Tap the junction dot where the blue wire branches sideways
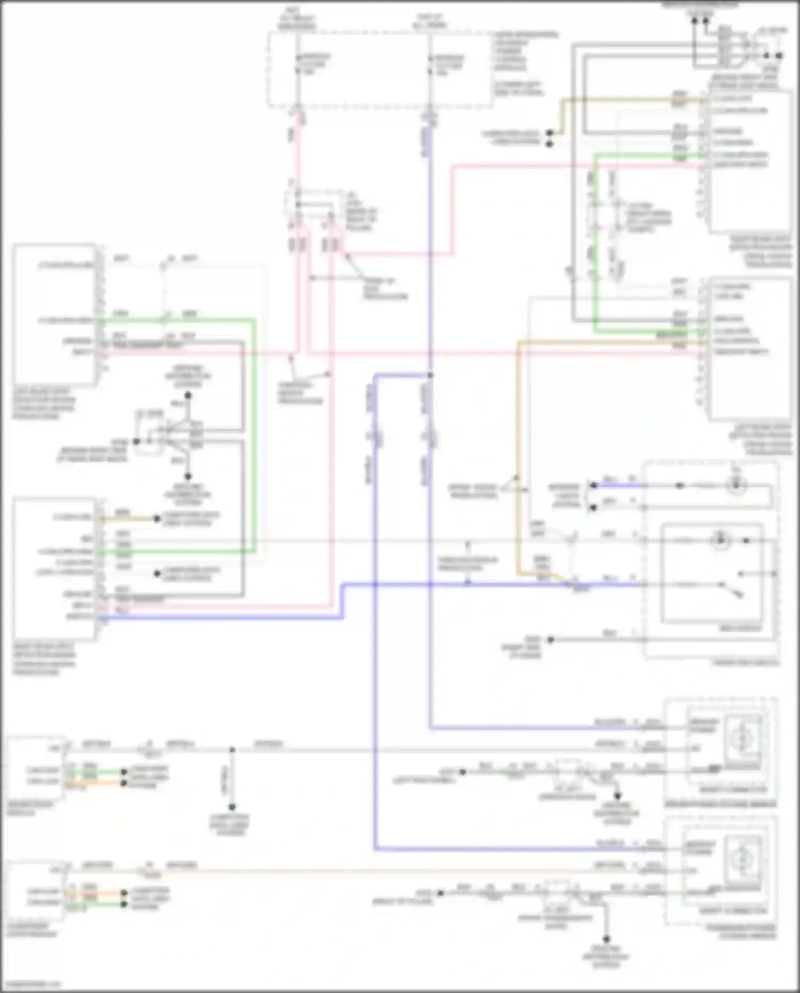(430, 375)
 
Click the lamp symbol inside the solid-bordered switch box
(721, 541)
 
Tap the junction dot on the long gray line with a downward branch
(232, 750)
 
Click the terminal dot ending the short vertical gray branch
(232, 807)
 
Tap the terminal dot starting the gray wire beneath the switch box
(551, 639)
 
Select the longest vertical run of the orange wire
(517, 459)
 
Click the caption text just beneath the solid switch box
(740, 628)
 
